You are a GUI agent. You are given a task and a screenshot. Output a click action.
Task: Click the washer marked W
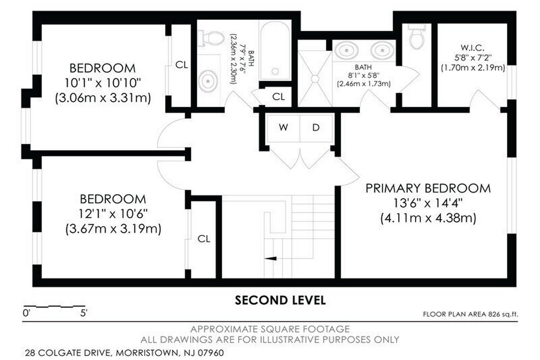coord(283,128)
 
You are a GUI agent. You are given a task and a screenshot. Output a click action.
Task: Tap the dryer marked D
coord(316,128)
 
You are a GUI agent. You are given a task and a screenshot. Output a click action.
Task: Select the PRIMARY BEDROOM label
coord(428,188)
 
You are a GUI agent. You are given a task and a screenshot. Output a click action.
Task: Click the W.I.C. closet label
coord(472,48)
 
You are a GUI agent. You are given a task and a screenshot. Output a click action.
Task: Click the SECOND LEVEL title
coord(280,300)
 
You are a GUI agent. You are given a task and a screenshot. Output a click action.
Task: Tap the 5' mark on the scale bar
coord(84,313)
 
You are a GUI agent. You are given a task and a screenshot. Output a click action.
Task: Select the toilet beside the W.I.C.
coord(417,37)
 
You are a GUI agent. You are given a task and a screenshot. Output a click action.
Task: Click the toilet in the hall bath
coord(212,38)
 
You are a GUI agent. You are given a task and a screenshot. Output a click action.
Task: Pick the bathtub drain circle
coord(275,71)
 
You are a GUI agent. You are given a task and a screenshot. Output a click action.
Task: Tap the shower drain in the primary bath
coord(315,79)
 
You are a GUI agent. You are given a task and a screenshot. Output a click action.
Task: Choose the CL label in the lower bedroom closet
coord(204,239)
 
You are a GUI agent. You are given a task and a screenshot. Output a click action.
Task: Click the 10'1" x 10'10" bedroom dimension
coord(103,83)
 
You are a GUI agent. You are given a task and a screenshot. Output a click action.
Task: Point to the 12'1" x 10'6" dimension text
coord(113,214)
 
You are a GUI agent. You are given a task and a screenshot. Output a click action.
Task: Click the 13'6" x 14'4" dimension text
coord(428,203)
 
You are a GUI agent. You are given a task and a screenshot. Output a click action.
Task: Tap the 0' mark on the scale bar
coord(26,313)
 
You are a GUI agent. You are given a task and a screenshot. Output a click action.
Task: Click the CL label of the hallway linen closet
coord(278,97)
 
